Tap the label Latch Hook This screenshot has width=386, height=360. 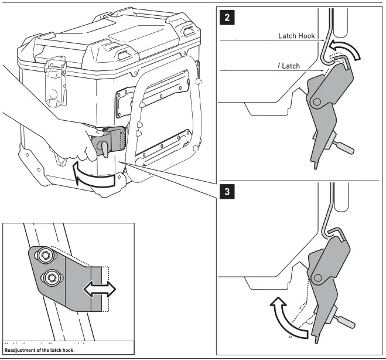click(297, 36)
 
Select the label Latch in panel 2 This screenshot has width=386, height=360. click(291, 66)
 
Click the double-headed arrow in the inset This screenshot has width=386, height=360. click(100, 288)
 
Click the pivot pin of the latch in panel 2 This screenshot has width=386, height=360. click(317, 102)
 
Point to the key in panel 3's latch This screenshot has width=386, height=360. click(345, 321)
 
